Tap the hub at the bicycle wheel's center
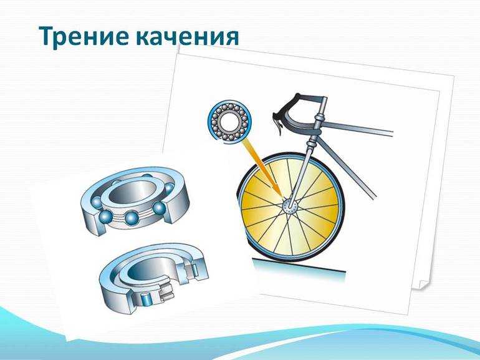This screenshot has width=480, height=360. (289, 205)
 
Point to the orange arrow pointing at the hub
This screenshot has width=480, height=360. (262, 168)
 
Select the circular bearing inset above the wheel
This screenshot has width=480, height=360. (229, 120)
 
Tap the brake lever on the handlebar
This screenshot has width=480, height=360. (277, 122)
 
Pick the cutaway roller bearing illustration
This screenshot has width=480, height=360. (154, 278)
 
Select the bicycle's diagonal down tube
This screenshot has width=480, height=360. (346, 168)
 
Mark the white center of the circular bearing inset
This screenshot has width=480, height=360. (229, 120)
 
